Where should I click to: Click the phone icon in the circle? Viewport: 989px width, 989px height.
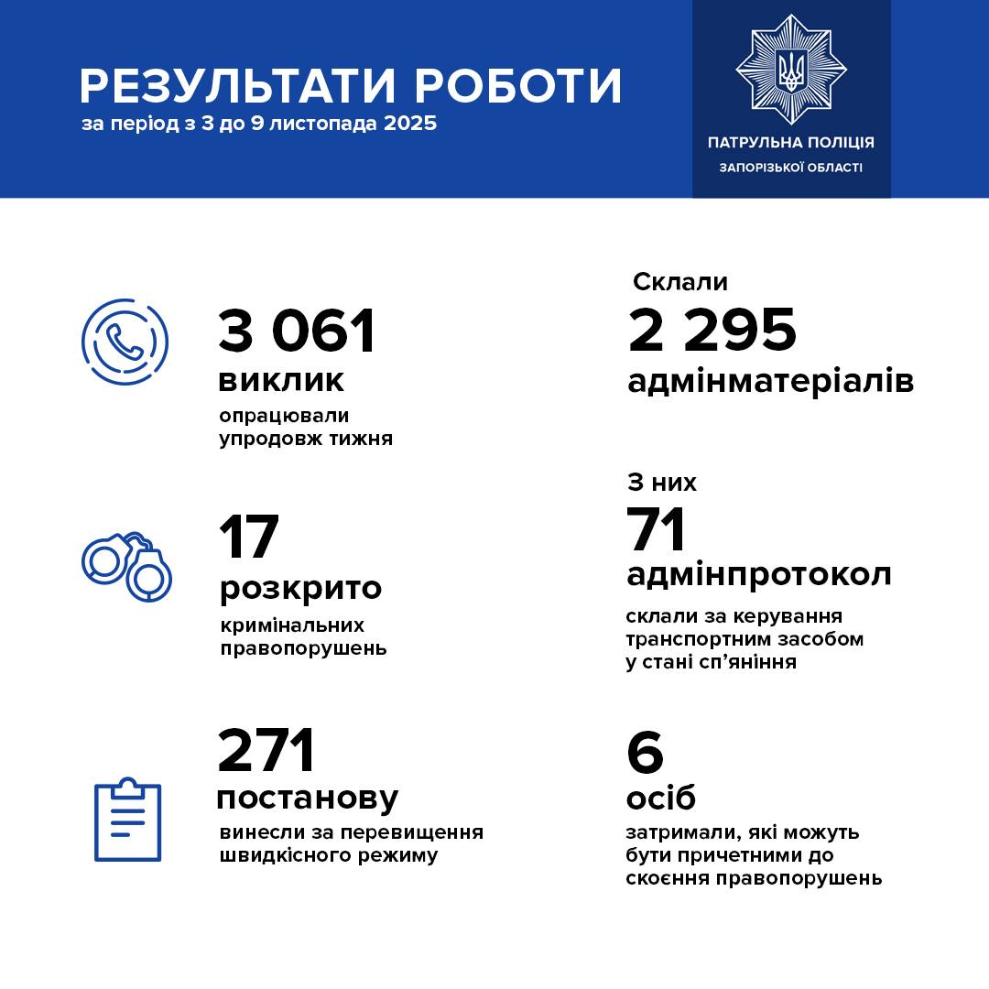pyautogui.click(x=125, y=342)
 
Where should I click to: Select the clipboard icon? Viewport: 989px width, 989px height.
pyautogui.click(x=128, y=819)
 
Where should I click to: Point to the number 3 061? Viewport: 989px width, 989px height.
pyautogui.click(x=297, y=331)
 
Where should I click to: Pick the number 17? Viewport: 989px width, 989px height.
pyautogui.click(x=248, y=538)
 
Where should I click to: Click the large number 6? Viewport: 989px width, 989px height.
pyautogui.click(x=645, y=753)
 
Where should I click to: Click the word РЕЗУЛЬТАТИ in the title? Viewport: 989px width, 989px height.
pyautogui.click(x=237, y=86)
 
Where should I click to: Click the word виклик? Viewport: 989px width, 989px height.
pyautogui.click(x=281, y=380)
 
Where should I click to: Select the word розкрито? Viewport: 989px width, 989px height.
pyautogui.click(x=299, y=588)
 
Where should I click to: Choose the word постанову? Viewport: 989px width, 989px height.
pyautogui.click(x=307, y=798)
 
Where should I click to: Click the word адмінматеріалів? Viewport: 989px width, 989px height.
pyautogui.click(x=770, y=381)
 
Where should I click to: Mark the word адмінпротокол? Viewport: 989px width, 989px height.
pyautogui.click(x=758, y=575)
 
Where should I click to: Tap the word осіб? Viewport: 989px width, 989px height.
pyautogui.click(x=660, y=799)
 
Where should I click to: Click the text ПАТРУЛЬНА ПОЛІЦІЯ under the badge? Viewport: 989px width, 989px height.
pyautogui.click(x=791, y=143)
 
